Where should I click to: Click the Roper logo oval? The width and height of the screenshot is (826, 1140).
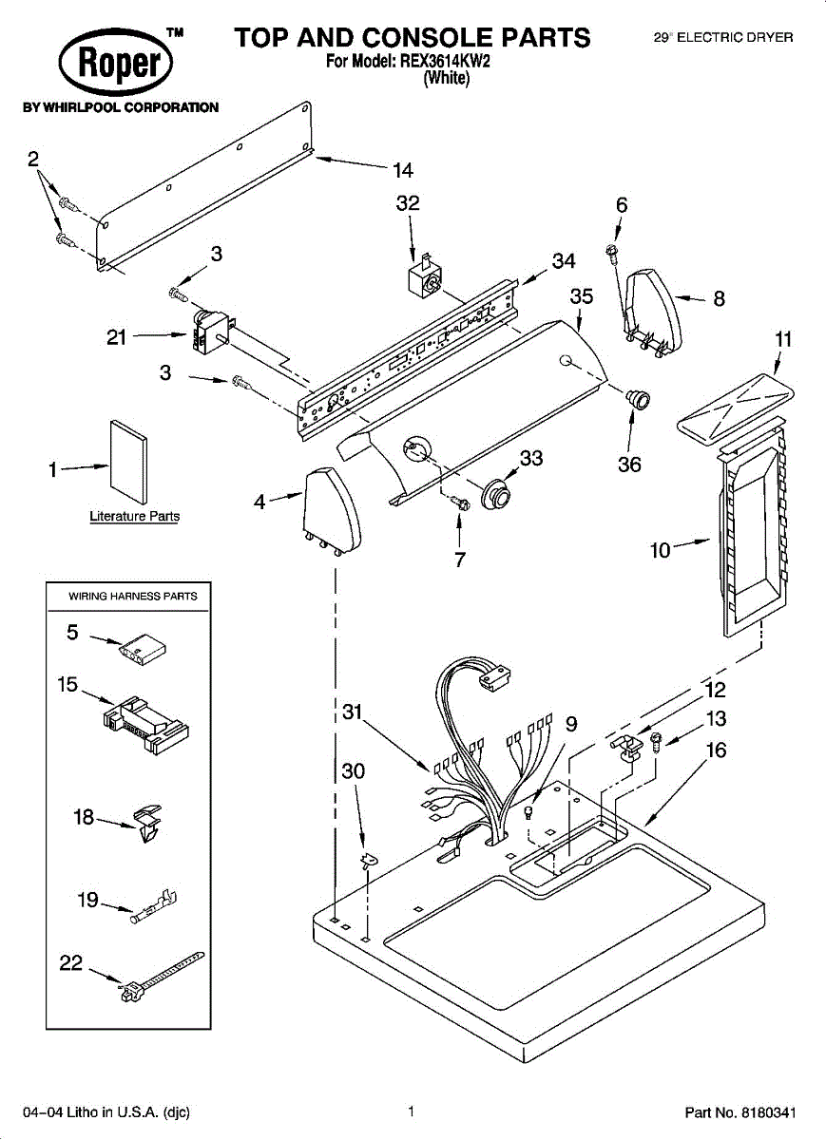tap(116, 65)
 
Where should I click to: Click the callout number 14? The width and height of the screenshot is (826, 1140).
tap(403, 171)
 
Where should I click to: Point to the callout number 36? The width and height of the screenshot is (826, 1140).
tap(629, 465)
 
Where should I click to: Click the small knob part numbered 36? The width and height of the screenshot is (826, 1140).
tap(637, 397)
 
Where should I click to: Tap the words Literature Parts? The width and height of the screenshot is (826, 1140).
tap(134, 517)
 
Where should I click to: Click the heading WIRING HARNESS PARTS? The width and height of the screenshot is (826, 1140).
tap(133, 596)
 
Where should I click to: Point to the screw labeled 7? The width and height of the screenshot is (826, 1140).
tap(461, 502)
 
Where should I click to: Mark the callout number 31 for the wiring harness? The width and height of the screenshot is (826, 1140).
tap(353, 711)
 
